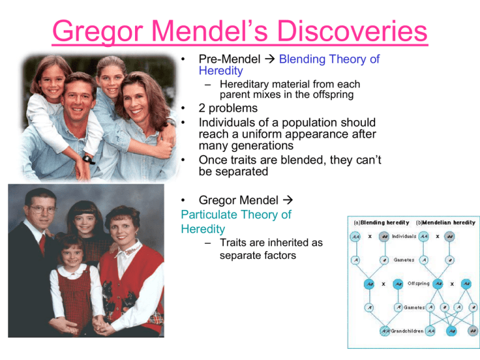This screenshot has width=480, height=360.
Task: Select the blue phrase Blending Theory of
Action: coord(329,60)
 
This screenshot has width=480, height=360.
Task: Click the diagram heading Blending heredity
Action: coord(375,222)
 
